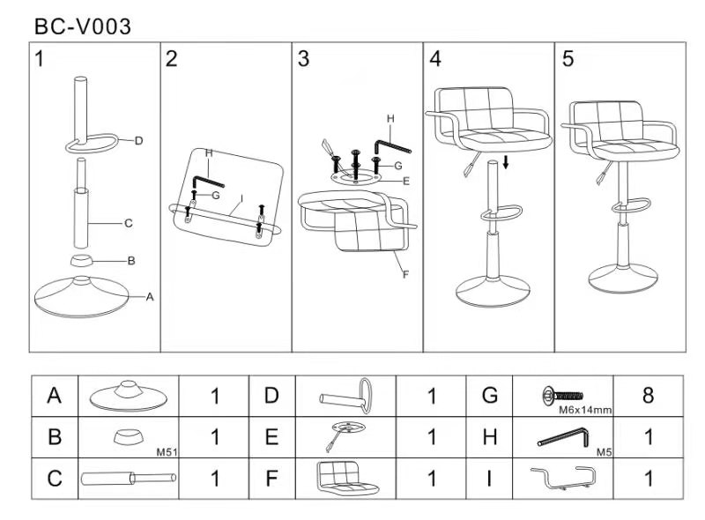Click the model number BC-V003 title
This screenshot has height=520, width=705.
[83, 26]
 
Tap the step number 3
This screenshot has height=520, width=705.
[303, 59]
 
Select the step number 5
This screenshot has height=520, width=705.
[568, 59]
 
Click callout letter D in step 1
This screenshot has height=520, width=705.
[138, 140]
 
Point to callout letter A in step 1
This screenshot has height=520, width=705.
[150, 297]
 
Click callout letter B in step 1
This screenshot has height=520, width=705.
[130, 260]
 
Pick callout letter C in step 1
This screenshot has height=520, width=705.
[128, 223]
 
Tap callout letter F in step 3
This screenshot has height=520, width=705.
[405, 274]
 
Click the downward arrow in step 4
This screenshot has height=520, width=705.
[507, 162]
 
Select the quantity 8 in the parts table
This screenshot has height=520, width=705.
[648, 396]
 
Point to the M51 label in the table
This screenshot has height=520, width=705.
[167, 452]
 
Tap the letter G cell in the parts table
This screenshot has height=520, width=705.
[491, 396]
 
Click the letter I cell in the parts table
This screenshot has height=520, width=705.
[491, 479]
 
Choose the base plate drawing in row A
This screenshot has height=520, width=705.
[128, 396]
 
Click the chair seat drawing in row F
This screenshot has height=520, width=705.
[347, 479]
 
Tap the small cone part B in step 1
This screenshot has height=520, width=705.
[85, 261]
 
